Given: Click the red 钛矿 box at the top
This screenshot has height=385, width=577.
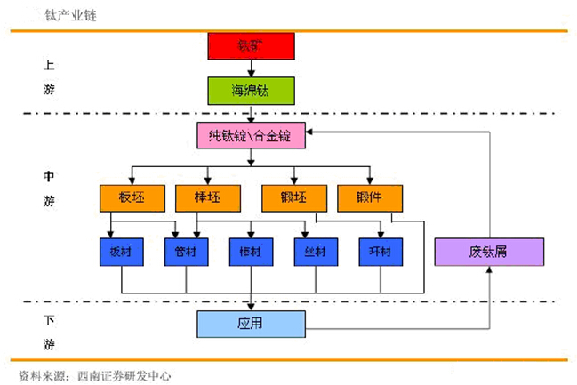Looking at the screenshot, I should (251, 46).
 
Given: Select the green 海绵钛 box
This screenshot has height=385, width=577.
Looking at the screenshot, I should (251, 91).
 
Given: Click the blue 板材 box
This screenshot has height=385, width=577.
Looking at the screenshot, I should (121, 252).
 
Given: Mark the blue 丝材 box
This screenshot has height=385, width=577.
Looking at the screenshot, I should (316, 252).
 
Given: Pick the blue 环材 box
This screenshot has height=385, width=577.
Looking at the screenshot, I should (381, 252).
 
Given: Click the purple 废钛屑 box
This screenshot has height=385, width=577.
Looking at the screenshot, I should (488, 252).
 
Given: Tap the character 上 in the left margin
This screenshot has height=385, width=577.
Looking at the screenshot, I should (48, 65).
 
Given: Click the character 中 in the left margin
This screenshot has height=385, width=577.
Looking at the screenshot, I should (48, 176).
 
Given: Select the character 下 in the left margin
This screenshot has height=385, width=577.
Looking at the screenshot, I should (48, 318).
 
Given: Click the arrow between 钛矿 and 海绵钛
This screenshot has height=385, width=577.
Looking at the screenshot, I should (252, 68).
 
